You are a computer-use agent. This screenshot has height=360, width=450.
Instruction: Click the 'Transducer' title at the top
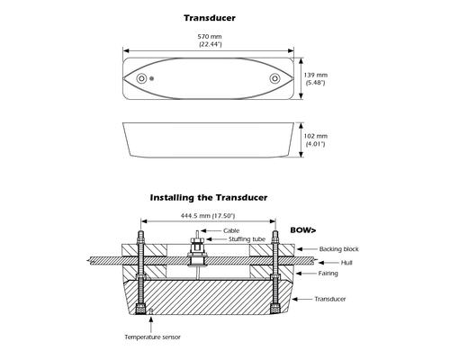click(210, 18)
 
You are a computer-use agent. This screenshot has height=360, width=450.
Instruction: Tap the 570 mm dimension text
click(210, 37)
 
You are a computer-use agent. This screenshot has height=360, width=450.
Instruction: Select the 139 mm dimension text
click(316, 75)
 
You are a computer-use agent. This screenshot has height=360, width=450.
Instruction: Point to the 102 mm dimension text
click(316, 136)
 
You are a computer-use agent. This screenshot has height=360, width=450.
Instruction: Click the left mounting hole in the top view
click(141, 78)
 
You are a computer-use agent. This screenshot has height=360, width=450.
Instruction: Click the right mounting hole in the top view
click(274, 78)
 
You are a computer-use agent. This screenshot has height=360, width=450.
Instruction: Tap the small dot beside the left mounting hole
click(152, 78)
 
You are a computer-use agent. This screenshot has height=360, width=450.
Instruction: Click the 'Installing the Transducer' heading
click(209, 198)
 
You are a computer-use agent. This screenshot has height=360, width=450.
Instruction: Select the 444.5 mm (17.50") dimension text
click(208, 216)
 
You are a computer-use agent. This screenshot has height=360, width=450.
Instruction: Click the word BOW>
click(303, 230)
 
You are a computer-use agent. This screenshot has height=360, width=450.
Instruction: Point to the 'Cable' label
click(231, 230)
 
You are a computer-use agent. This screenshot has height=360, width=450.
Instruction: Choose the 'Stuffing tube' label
click(247, 239)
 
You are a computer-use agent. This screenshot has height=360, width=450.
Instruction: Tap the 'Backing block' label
click(338, 249)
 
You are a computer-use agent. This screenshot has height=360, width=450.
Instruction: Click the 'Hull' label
click(346, 263)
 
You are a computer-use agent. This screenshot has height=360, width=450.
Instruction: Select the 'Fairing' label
click(328, 274)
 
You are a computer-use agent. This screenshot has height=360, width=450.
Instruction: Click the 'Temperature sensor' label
click(153, 337)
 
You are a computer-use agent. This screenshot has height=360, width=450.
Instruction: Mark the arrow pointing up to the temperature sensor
click(151, 323)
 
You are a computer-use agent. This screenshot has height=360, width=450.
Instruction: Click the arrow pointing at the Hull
click(328, 263)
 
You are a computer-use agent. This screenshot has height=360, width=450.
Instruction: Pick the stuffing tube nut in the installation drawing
click(197, 239)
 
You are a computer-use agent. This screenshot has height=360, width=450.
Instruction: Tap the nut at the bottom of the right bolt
click(274, 309)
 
